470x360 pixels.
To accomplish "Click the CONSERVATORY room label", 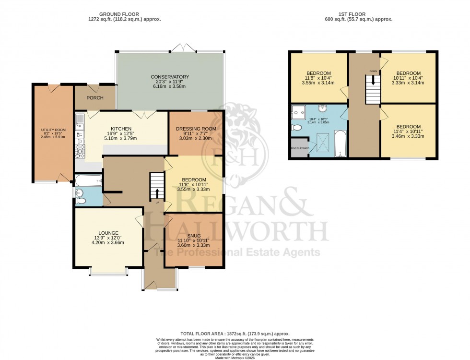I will [x=170, y=77].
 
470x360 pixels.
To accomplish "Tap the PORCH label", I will [x=95, y=98].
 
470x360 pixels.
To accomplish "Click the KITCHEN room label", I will [x=120, y=129].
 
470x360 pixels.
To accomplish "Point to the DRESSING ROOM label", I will [x=196, y=129].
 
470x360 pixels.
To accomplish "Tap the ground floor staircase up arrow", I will [x=156, y=192].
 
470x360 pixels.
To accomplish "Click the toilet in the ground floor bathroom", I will [x=80, y=195].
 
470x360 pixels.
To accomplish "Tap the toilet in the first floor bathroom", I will [x=296, y=128].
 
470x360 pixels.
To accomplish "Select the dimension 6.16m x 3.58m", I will [x=170, y=86].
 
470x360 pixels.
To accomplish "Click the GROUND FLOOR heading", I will [x=124, y=14].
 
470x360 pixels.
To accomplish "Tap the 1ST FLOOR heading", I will [x=357, y=14].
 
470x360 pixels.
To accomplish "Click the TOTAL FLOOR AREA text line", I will [x=235, y=333].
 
